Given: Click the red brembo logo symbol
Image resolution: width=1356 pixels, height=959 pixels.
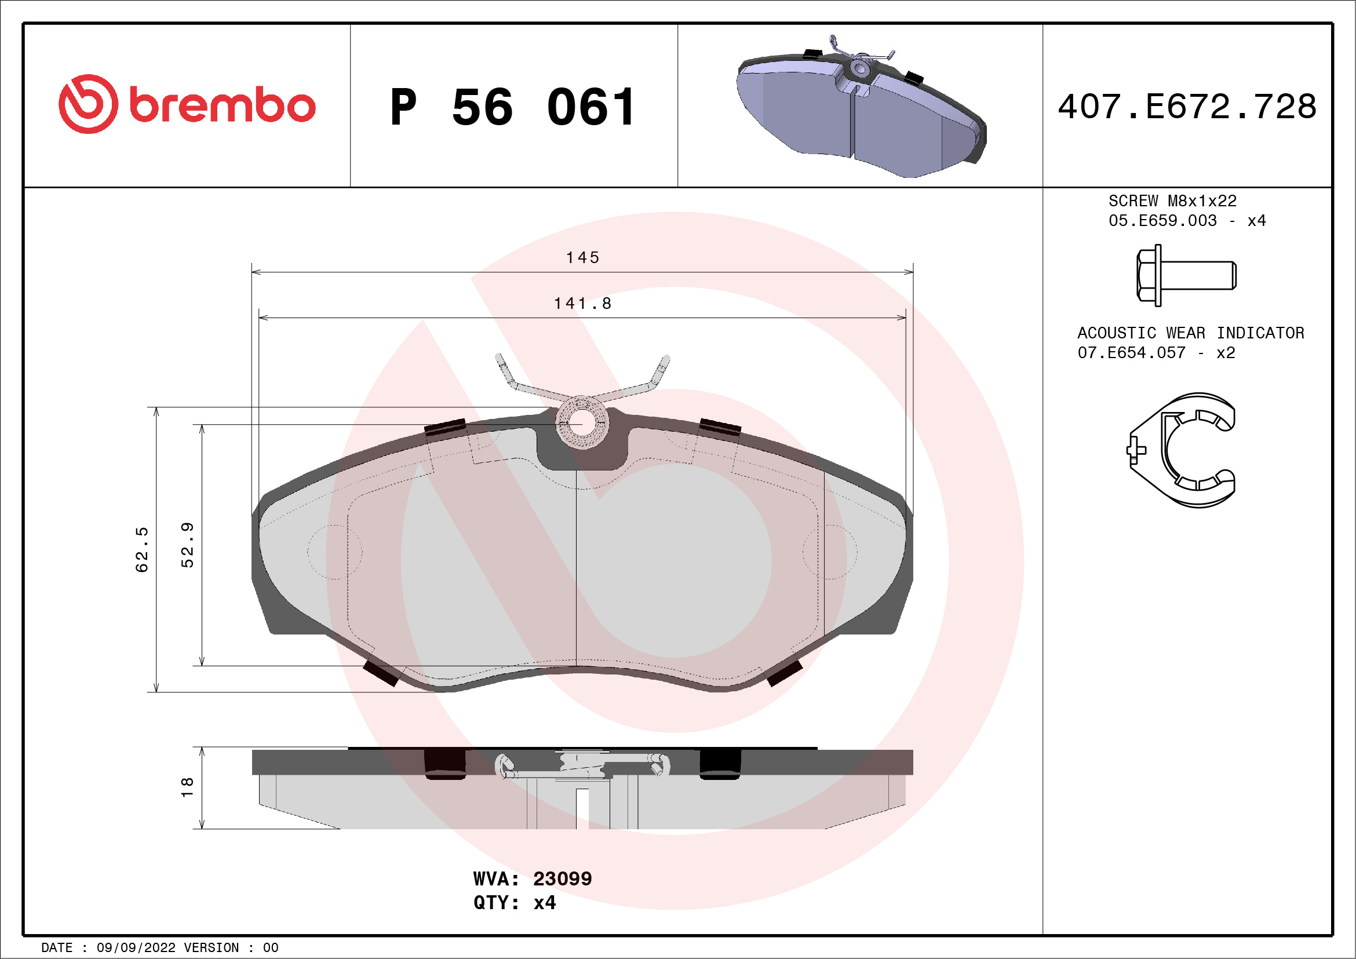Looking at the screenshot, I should point(88,104).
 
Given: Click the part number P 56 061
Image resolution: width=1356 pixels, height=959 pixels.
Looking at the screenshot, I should point(513,107).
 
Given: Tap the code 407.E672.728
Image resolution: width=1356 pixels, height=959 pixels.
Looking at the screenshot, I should point(1187,107).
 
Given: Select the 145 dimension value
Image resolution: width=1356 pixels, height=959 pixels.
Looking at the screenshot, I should point(582,258).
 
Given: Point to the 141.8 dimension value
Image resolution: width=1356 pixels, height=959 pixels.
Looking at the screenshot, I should point(582,304).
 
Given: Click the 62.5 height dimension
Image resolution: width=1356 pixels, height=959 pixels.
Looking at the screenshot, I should point(142,549).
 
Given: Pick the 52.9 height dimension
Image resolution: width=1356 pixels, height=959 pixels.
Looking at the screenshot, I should point(187,545).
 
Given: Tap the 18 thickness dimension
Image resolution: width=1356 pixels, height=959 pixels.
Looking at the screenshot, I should point(187,787).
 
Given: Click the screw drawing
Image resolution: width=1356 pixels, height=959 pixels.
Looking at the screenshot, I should point(1185,275).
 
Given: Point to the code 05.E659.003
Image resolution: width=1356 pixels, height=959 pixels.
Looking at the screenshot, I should point(1162,221).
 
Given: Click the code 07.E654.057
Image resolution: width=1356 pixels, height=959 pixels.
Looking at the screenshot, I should point(1132,353).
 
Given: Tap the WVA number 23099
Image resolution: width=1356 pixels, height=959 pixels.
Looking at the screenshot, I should point(562,878).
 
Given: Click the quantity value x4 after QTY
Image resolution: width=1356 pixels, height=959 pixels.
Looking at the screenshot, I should point(544,903).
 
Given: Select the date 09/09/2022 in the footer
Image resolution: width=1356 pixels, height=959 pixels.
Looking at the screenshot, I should point(136,948).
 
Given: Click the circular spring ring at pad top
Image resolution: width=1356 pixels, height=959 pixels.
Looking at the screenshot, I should point(582,423).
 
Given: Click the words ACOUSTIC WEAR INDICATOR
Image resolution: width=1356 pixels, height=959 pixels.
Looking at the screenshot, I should point(1191,333).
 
